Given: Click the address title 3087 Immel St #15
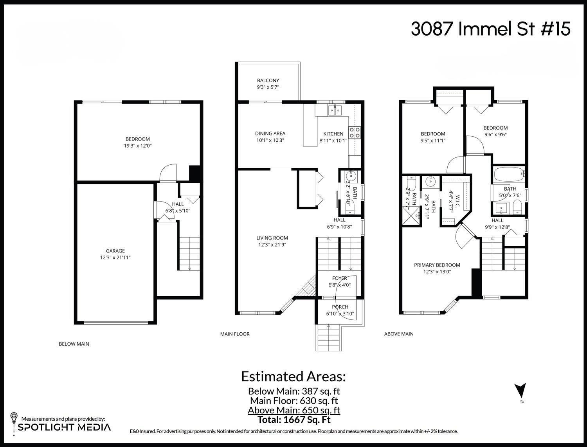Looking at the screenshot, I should coord(490,29).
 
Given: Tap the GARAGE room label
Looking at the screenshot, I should coord(115,251).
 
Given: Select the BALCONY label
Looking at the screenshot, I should coord(268,80).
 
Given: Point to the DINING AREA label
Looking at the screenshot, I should coord(270,133).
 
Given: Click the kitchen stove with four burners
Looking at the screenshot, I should coord(355,132).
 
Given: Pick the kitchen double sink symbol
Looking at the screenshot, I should coord(335,110).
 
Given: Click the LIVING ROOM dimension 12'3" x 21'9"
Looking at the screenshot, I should coord(272,245).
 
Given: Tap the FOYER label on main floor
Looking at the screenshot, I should coord(339,278).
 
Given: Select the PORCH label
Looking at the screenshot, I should coord(340,307).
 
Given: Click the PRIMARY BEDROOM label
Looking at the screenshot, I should coord(437,265).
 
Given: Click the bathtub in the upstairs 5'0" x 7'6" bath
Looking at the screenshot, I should coord(508,173).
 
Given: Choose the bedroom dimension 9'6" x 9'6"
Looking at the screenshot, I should coord(495,134).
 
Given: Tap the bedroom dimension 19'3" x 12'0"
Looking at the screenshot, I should coord(137,146).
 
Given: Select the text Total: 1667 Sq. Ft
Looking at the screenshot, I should coord(294,420).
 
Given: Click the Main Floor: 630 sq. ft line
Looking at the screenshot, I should coord(294,400).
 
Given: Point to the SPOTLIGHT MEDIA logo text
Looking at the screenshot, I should coord(65,427).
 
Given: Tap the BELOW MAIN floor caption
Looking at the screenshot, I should coord(74,344).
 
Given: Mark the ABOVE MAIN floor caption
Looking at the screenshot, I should coord(399,334).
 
